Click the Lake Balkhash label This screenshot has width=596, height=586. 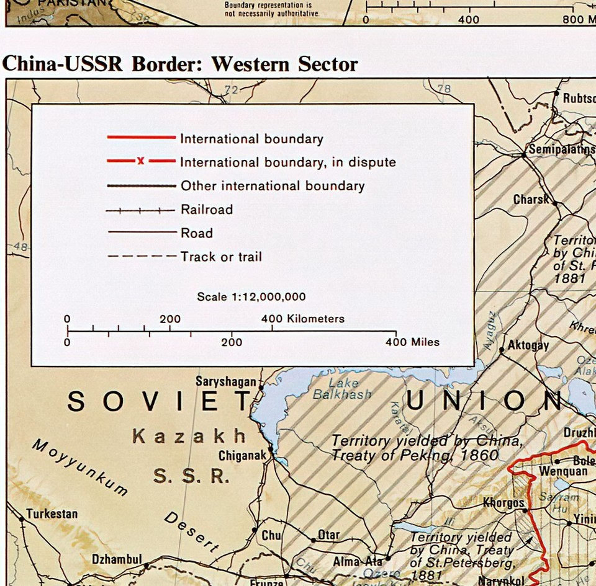343,388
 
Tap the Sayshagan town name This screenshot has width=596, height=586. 226,381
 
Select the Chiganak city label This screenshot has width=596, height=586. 242,456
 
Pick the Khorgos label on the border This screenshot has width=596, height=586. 503,503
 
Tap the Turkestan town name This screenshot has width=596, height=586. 52,514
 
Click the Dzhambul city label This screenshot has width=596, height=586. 117,559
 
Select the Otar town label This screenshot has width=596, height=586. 329,535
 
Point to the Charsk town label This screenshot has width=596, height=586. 531,200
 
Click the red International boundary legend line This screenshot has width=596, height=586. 142,136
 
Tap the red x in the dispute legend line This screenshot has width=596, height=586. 141,161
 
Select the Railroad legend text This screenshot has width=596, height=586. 207,210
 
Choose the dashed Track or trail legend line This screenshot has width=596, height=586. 142,256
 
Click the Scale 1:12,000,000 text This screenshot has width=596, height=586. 251,297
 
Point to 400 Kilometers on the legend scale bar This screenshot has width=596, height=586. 302,319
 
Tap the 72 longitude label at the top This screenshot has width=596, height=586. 231,91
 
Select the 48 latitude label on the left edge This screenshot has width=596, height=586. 20,247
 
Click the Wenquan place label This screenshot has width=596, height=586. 546,471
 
